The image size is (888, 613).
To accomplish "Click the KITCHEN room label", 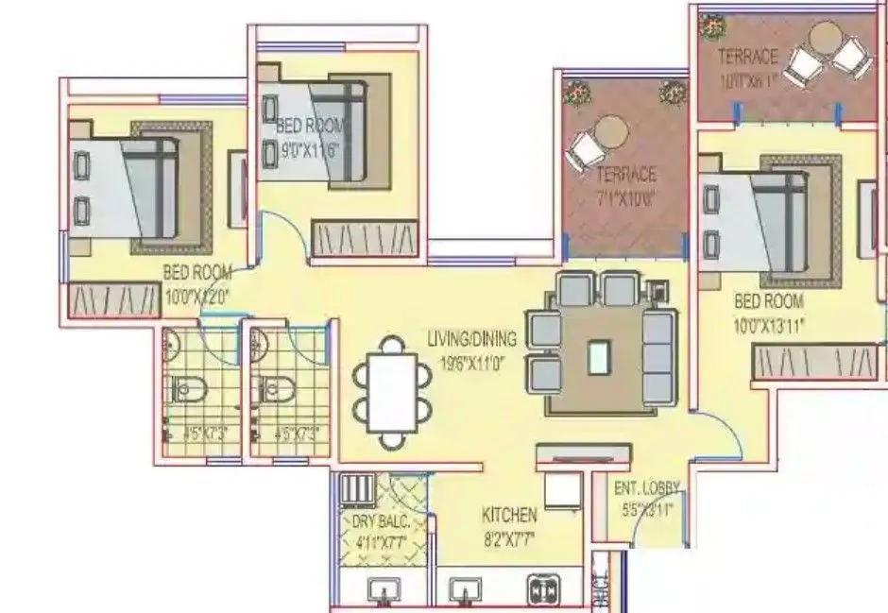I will [509, 515].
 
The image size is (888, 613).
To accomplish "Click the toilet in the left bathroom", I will [181, 386].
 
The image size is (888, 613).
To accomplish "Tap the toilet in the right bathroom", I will [272, 386].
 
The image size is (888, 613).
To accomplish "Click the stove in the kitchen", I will [546, 589].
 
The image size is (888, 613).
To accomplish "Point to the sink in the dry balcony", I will [384, 590].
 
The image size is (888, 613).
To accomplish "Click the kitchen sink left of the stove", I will [463, 590].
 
